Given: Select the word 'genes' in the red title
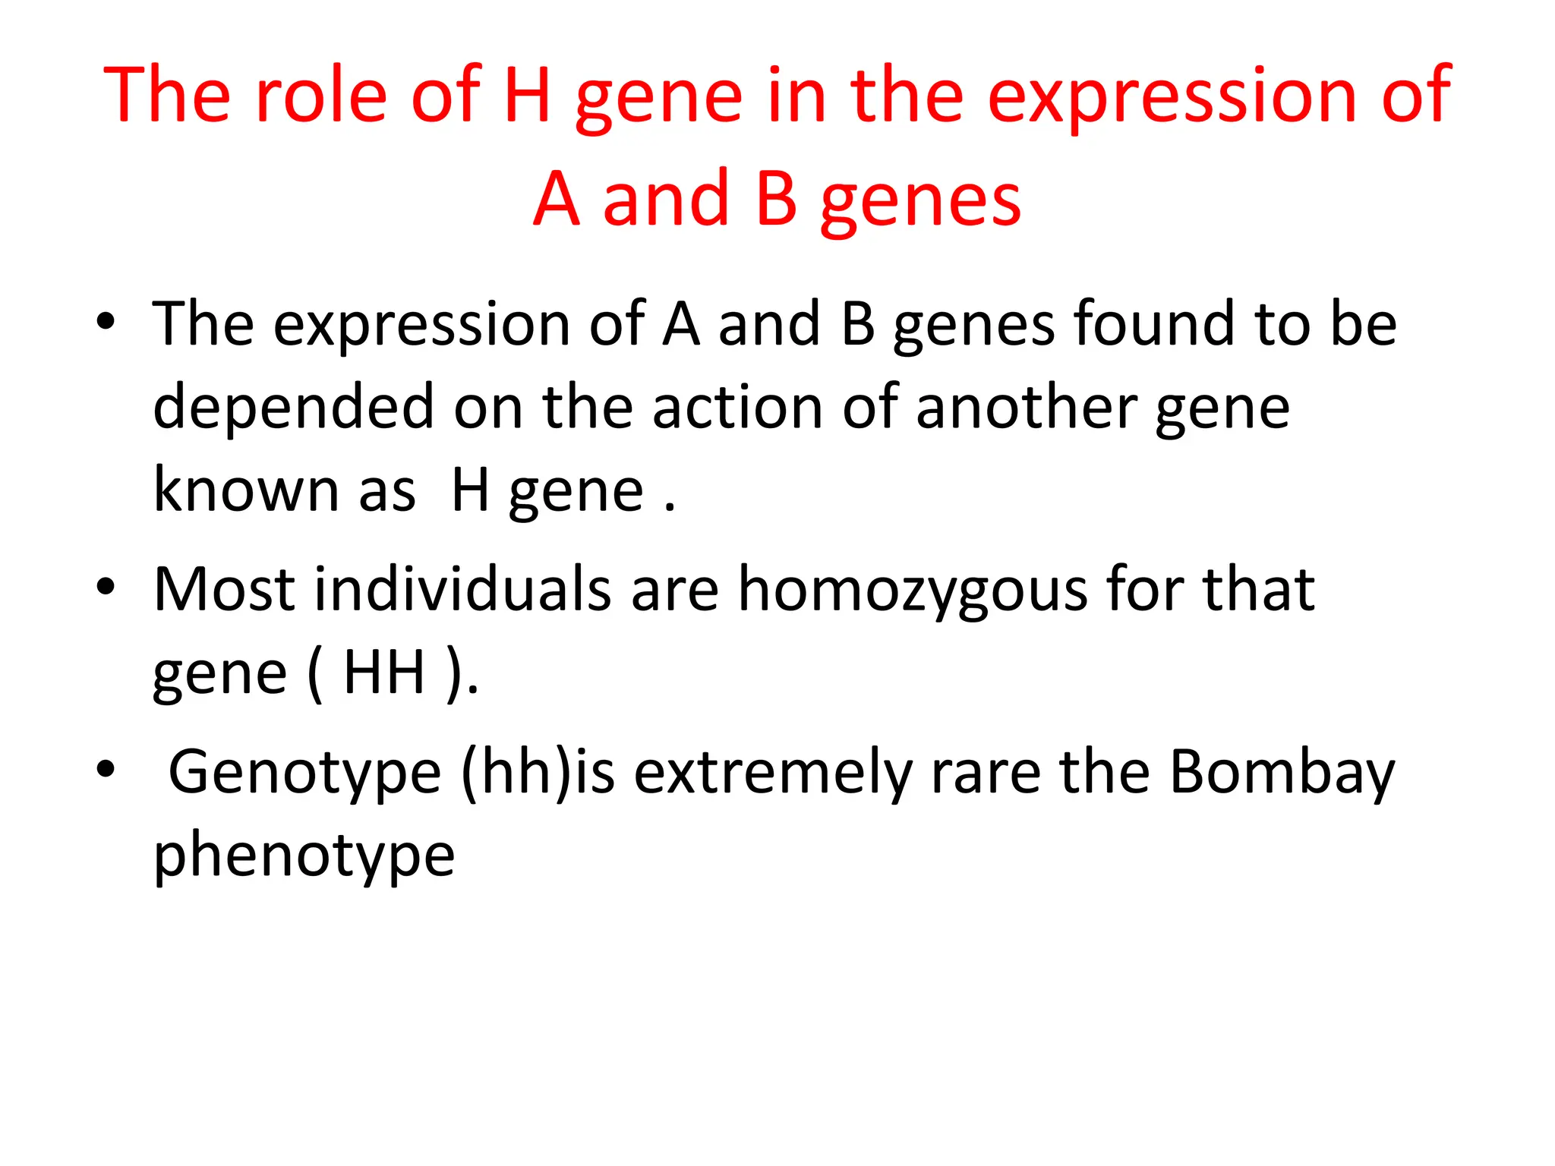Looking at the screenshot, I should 921,200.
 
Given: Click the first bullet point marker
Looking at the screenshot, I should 106,322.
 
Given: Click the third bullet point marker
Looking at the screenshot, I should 106,770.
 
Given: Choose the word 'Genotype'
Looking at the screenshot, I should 304,773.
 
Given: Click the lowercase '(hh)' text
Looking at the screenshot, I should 516,773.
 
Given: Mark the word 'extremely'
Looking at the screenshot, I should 773,773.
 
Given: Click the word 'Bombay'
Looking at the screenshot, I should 1282,773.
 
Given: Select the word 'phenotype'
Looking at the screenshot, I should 304,856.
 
